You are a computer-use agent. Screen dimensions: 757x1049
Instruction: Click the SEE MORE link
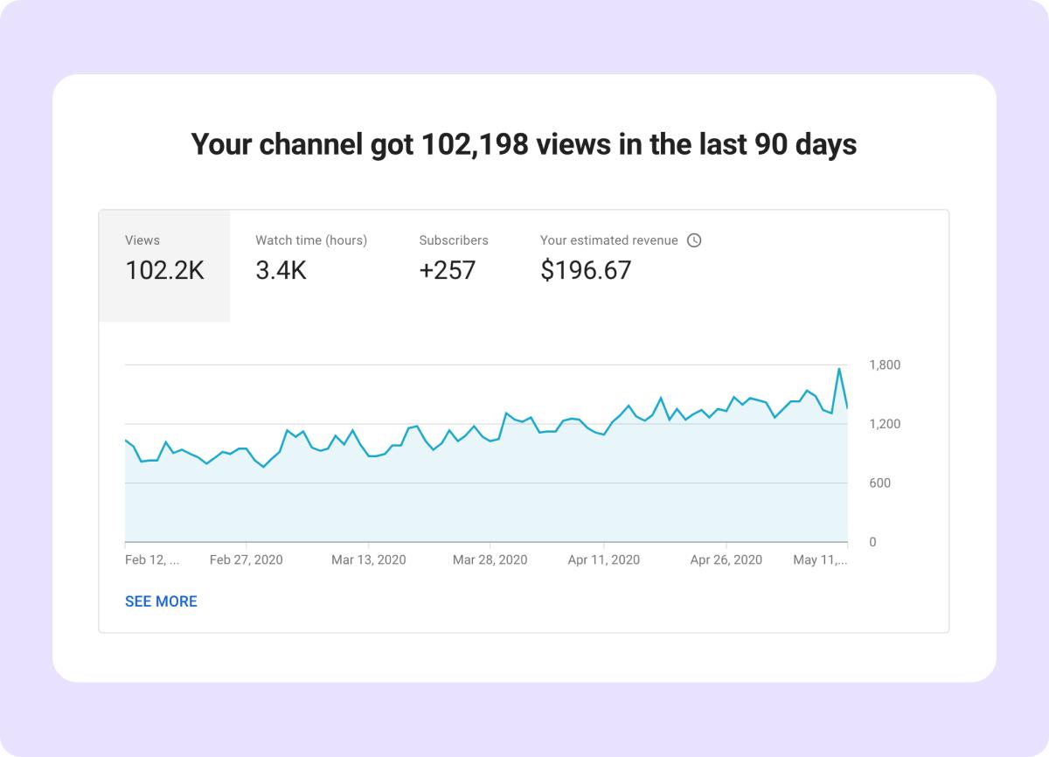[x=161, y=601]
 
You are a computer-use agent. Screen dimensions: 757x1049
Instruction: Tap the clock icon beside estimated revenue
[x=694, y=240]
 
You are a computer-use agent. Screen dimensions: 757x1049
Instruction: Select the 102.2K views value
[x=164, y=271]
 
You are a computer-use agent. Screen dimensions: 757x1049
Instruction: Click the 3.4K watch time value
[x=281, y=271]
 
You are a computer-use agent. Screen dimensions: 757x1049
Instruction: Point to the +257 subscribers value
[x=447, y=271]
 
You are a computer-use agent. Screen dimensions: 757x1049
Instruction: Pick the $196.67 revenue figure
[x=586, y=271]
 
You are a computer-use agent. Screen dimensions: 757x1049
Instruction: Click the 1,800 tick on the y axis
[x=885, y=365]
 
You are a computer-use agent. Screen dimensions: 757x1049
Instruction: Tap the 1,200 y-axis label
[x=885, y=424]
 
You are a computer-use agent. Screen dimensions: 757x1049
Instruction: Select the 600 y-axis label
[x=879, y=483]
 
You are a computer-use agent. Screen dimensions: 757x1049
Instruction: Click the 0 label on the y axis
[x=872, y=543]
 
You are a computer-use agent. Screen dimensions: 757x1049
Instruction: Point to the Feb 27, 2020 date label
[x=247, y=560]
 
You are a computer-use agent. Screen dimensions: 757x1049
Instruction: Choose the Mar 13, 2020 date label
[x=368, y=560]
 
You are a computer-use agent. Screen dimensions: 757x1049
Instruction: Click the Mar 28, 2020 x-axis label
[x=490, y=560]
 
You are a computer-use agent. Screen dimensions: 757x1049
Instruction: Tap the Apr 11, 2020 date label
[x=603, y=560]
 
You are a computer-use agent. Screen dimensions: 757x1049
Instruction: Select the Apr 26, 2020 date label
[x=726, y=560]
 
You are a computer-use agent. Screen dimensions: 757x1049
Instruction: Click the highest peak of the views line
[x=839, y=369]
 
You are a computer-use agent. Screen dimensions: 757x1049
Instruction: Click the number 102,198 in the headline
[x=475, y=144]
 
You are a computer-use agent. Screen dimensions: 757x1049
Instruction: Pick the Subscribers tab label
[x=454, y=240]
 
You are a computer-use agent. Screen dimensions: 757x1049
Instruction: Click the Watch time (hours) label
[x=311, y=240]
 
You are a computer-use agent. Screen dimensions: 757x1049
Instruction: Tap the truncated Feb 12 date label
[x=152, y=560]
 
